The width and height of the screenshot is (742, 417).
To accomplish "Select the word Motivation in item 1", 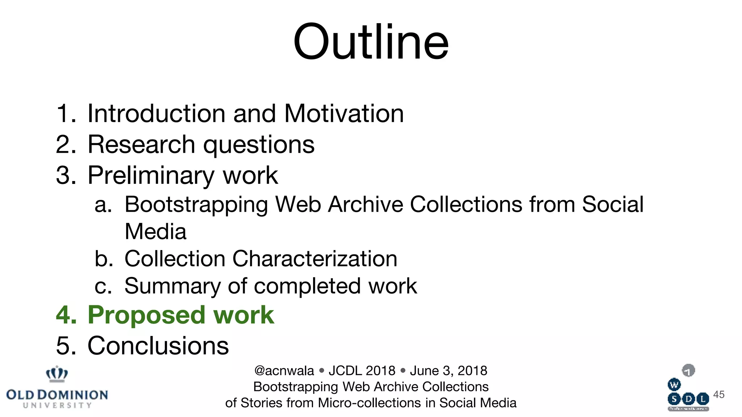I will click(344, 114).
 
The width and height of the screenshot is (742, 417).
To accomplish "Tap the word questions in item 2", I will click(259, 145).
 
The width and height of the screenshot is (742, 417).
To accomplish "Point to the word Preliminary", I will click(151, 176).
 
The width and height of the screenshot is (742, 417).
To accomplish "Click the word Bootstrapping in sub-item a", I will click(196, 205).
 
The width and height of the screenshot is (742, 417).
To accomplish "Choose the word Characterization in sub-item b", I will click(314, 259).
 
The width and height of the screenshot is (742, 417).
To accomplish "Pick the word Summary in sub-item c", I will click(172, 286).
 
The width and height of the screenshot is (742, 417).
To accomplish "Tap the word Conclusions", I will click(158, 346).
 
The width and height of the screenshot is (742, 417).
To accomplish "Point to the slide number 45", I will click(719, 394).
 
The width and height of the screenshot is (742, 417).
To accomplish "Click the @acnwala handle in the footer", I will click(284, 371).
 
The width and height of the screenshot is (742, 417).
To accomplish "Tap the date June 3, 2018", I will click(449, 371).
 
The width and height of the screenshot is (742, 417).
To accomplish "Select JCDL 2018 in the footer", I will click(362, 371).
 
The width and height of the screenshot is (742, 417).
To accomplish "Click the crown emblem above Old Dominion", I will click(57, 374).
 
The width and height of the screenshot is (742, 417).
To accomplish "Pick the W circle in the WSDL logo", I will click(674, 385).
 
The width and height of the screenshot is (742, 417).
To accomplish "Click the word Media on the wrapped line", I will click(155, 232).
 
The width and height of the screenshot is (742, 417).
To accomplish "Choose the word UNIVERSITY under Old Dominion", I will click(57, 405).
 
